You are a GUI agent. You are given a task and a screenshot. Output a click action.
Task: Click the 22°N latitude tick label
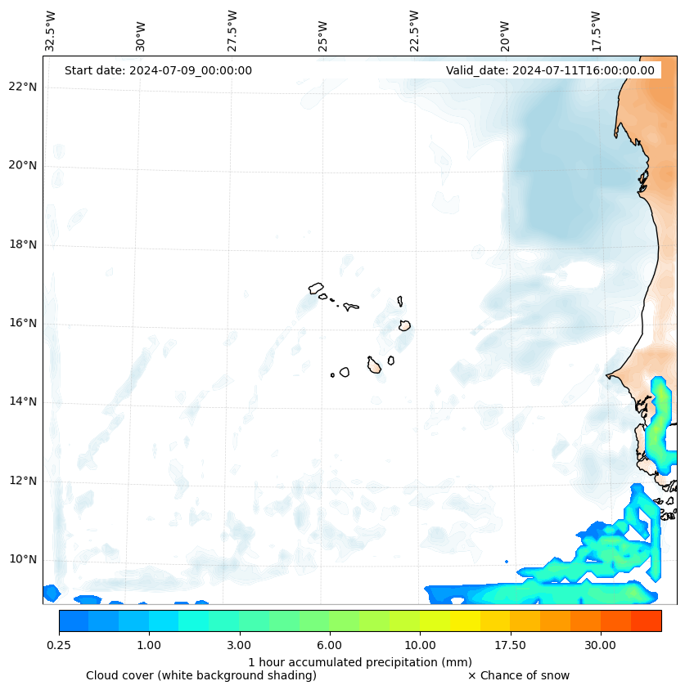click(x=23, y=87)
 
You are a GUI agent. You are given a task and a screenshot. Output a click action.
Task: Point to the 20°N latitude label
click(x=23, y=165)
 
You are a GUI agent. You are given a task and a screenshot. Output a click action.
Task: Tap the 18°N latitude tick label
click(x=23, y=244)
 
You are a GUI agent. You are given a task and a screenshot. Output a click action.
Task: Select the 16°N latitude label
click(x=23, y=323)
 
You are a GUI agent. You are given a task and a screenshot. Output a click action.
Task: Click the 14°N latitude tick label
click(x=23, y=401)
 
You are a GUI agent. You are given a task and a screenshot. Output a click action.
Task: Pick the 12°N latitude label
click(x=23, y=481)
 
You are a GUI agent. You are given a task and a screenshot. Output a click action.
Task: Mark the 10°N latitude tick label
click(x=23, y=559)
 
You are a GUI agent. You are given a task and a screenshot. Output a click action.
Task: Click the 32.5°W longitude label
click(x=51, y=31)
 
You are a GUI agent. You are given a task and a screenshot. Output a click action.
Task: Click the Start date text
click(x=158, y=70)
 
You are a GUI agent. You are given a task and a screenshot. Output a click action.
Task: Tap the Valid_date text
click(x=550, y=70)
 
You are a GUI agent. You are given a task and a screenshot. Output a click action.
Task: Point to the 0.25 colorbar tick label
click(x=59, y=645)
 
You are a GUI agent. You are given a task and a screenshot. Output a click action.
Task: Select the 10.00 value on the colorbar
click(x=420, y=645)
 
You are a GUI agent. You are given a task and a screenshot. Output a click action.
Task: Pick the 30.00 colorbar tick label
click(x=600, y=645)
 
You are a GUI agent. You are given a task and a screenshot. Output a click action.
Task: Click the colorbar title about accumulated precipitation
click(x=360, y=661)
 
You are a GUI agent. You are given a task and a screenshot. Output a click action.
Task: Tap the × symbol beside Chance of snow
click(x=471, y=675)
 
